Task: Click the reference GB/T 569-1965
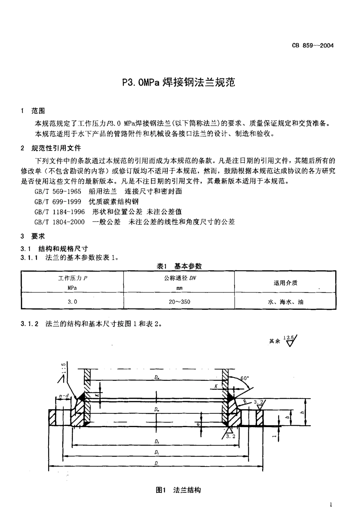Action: point(58,192)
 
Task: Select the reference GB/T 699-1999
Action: point(58,202)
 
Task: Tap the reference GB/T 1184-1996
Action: point(59,212)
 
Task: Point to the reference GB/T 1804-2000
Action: point(59,222)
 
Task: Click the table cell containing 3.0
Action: point(72,302)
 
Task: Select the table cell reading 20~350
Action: point(180,302)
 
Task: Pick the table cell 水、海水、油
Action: point(285,302)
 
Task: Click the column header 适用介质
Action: point(285,283)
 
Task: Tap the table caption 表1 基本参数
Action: point(179,266)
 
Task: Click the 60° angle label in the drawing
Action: point(245,378)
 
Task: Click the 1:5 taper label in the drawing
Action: point(63,368)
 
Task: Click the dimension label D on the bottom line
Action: point(157,463)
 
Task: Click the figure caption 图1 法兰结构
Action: point(178,490)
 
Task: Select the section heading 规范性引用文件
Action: point(56,148)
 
